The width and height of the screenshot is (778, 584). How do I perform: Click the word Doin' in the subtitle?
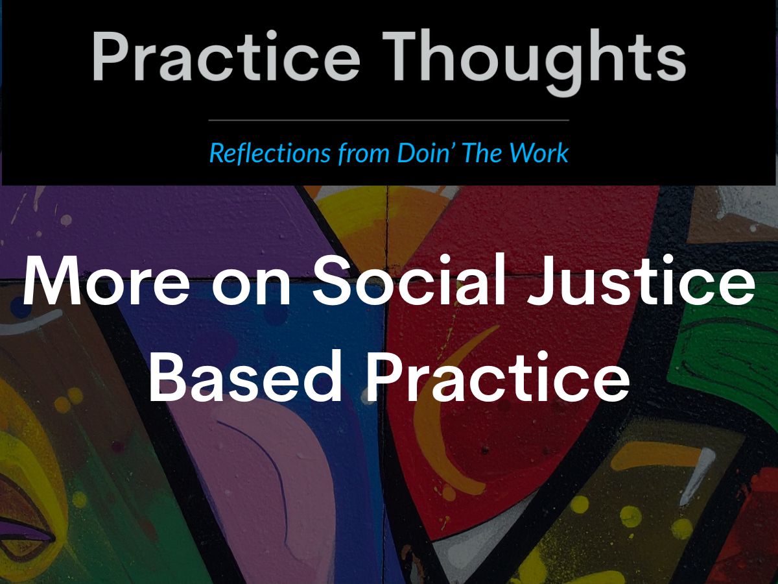(422, 152)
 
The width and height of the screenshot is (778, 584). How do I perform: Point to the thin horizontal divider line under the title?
(389, 120)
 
